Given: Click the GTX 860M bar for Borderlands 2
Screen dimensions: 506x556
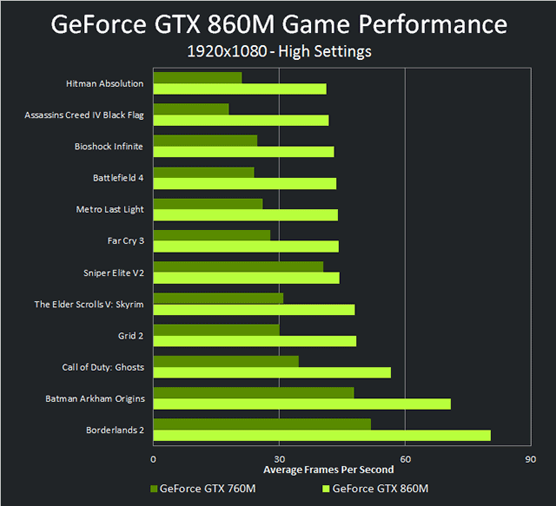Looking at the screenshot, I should click(321, 435).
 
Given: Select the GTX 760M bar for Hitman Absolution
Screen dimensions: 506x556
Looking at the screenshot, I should click(197, 78).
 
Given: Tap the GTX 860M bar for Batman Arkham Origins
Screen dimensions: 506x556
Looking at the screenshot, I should click(301, 404).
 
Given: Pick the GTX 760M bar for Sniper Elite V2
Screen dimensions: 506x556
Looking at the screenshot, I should click(238, 266).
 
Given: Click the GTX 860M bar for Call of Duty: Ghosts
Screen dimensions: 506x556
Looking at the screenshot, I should click(272, 372).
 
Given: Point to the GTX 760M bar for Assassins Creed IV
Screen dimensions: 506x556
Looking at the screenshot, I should click(191, 109).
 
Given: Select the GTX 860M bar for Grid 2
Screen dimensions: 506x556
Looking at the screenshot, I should click(255, 341).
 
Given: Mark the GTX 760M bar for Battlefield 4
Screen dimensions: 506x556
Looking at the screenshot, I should click(203, 172).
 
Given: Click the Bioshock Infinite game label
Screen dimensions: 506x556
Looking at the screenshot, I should click(109, 147).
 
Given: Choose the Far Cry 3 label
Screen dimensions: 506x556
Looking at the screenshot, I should click(125, 240).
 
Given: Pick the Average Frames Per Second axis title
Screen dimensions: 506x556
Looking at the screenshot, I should click(341, 470).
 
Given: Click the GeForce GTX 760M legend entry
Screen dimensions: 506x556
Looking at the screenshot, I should click(203, 488).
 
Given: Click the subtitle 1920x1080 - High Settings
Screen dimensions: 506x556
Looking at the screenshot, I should click(279, 52).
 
